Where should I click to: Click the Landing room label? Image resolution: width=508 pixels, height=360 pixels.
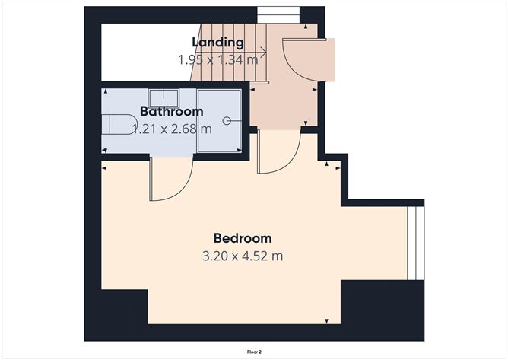217,43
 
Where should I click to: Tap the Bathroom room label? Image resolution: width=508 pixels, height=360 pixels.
172,112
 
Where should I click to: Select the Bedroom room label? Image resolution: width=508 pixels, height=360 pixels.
243,238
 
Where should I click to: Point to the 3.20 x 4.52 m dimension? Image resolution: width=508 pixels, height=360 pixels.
243,256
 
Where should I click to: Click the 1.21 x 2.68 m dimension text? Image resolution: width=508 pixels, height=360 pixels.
173,129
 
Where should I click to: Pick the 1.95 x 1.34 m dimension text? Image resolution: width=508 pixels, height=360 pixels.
217,59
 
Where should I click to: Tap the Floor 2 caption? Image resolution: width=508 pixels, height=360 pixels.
254,352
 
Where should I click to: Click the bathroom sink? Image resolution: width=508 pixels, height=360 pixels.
164,98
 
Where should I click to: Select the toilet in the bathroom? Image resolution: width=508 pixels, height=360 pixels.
118,124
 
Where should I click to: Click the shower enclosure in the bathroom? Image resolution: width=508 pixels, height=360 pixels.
219,121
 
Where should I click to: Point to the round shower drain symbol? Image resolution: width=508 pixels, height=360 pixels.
227,121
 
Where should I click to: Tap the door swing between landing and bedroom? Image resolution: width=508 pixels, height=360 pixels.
291,162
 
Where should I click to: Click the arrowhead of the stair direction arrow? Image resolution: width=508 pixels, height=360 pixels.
264,52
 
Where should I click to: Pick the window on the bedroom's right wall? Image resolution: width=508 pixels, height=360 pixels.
415,244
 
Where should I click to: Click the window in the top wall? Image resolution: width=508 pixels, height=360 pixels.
278,14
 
